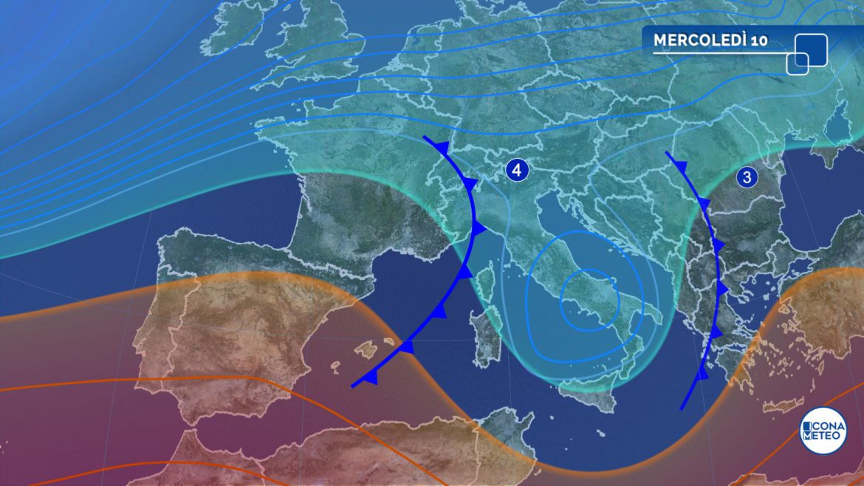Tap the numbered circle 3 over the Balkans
pyautogui.click(x=747, y=177)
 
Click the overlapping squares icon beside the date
pyautogui.click(x=806, y=53)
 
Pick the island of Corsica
pyautogui.click(x=484, y=284)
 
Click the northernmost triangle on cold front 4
pyautogui.click(x=441, y=148)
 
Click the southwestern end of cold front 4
pyautogui.click(x=353, y=385)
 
